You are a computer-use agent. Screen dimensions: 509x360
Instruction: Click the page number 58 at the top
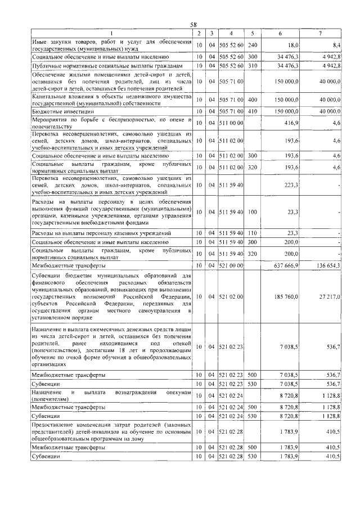tap(193, 25)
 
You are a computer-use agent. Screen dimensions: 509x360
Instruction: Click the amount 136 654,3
tap(327, 265)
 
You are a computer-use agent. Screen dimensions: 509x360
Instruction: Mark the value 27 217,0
tap(329, 296)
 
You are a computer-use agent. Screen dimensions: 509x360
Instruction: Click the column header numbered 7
tap(320, 33)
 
